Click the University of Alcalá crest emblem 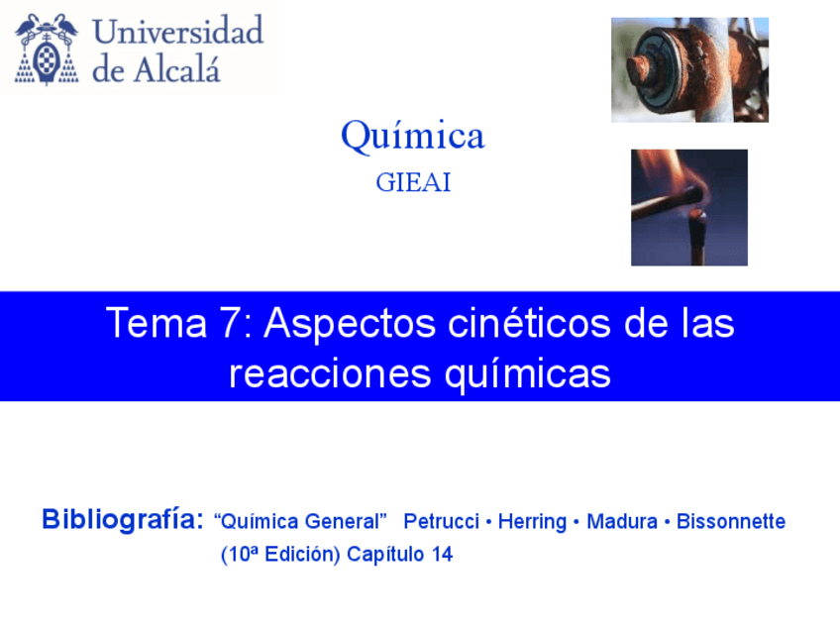click(47, 49)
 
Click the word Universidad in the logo click(178, 31)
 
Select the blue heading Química click(412, 136)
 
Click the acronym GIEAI click(413, 182)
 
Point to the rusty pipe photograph click(690, 69)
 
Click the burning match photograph click(688, 207)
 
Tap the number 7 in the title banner click(231, 323)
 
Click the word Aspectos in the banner click(350, 324)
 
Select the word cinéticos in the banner click(529, 323)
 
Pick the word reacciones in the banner click(330, 373)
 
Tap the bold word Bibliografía click(123, 519)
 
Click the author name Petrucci click(442, 521)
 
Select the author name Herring click(532, 522)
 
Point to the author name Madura click(622, 521)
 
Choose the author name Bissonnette click(731, 521)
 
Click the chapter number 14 click(443, 554)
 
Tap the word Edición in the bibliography click(303, 555)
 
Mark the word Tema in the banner click(156, 323)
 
